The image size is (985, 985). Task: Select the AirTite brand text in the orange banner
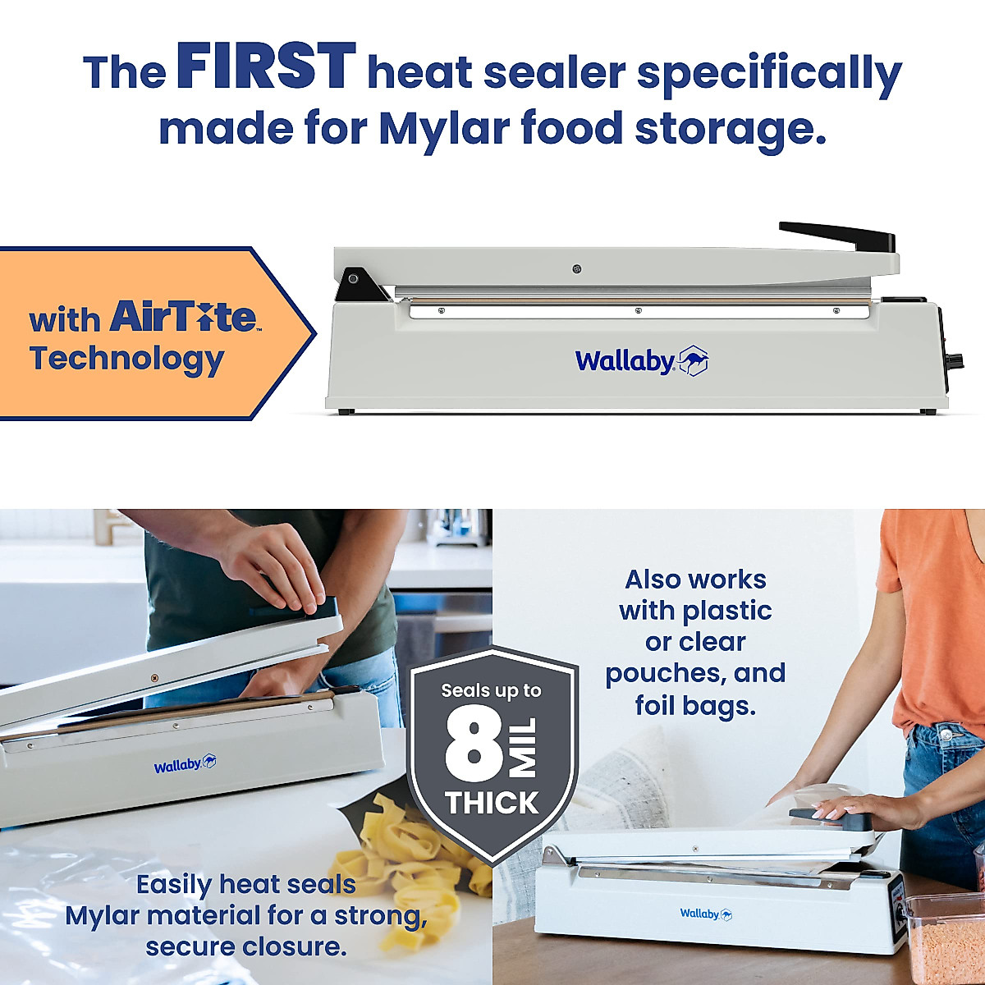[x=183, y=316]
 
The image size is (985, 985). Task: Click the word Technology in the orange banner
[x=126, y=359]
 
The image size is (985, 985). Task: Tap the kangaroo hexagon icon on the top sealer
[x=694, y=360]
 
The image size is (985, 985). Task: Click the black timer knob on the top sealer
[x=954, y=361]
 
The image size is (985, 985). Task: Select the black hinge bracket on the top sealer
[x=360, y=284]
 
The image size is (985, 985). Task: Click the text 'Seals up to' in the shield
[x=491, y=691]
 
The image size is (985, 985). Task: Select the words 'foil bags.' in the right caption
[x=694, y=705]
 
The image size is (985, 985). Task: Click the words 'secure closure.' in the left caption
[x=245, y=946]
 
